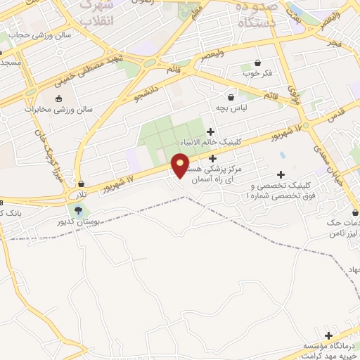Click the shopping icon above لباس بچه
[231, 96]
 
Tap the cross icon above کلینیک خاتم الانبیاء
[211, 131]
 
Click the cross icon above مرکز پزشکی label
[212, 159]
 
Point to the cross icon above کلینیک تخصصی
[281, 174]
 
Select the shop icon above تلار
[82, 184]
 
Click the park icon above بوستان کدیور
[78, 210]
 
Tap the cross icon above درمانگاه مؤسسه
[328, 335]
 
